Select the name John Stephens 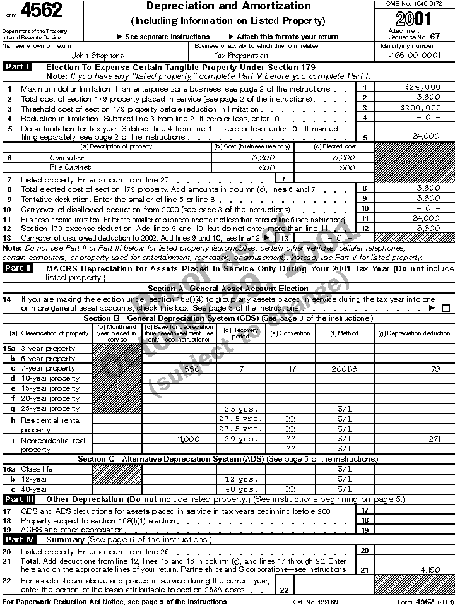click(x=98, y=56)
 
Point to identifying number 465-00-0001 click(x=415, y=56)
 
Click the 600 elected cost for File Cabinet click(x=347, y=168)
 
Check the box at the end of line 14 click(x=446, y=308)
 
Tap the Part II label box click(x=18, y=268)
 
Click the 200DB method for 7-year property click(x=345, y=368)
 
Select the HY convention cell click(x=290, y=368)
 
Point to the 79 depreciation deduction click(x=435, y=368)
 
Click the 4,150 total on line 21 click(x=430, y=569)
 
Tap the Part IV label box click(x=18, y=539)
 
